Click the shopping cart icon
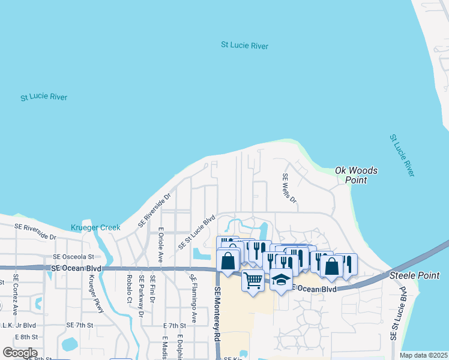point(253,280)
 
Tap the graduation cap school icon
point(280,280)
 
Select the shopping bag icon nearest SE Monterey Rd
point(228,261)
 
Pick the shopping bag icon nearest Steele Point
point(331,265)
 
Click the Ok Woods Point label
point(356,175)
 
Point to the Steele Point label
point(411,276)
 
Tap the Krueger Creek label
point(95,227)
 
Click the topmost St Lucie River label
point(244,46)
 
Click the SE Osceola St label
point(74,256)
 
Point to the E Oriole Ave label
point(160,245)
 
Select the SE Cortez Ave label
point(16,295)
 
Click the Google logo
point(20,353)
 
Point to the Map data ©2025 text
point(423,355)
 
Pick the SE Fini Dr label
point(153,289)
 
